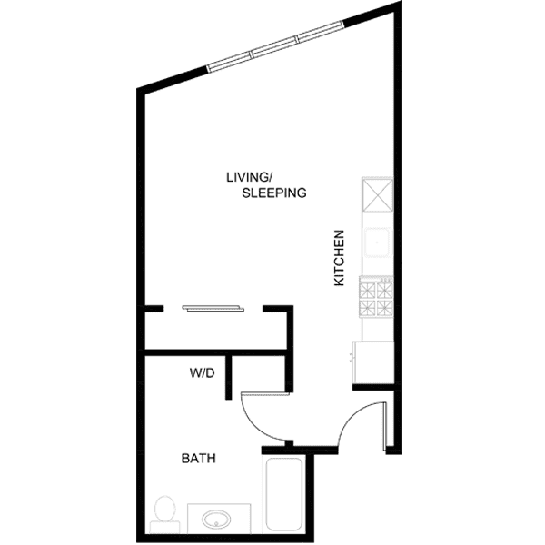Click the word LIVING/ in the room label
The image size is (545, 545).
pos(249,176)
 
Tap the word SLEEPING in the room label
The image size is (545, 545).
pos(273,193)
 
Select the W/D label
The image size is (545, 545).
pos(202,372)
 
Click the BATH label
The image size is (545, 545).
pos(198,459)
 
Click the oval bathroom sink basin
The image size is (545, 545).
pos(218,520)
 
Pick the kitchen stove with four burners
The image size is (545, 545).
pos(376,298)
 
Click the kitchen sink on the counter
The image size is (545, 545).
pos(377,243)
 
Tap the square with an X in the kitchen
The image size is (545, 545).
pos(377,194)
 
